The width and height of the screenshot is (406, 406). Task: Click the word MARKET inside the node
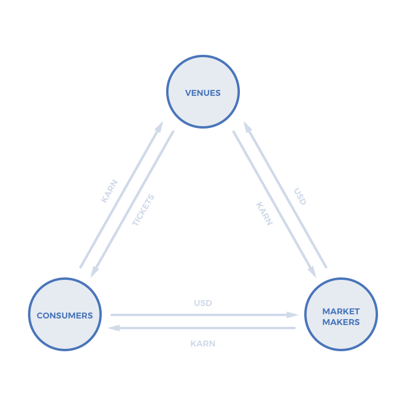click(341, 311)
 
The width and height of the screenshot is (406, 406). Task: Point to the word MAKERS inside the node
click(341, 322)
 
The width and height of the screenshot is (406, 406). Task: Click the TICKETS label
click(143, 210)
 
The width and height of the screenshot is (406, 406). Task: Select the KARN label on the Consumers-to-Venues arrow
click(109, 191)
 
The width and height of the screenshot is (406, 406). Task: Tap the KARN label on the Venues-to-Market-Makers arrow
click(264, 213)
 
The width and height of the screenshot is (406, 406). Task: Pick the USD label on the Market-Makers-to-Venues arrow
click(300, 196)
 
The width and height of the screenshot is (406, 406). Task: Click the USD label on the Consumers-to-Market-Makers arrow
click(203, 303)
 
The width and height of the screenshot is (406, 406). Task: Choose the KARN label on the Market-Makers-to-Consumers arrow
click(203, 343)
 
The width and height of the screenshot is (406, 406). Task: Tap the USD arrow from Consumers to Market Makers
click(202, 315)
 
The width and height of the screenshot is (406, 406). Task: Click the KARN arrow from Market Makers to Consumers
click(202, 328)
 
